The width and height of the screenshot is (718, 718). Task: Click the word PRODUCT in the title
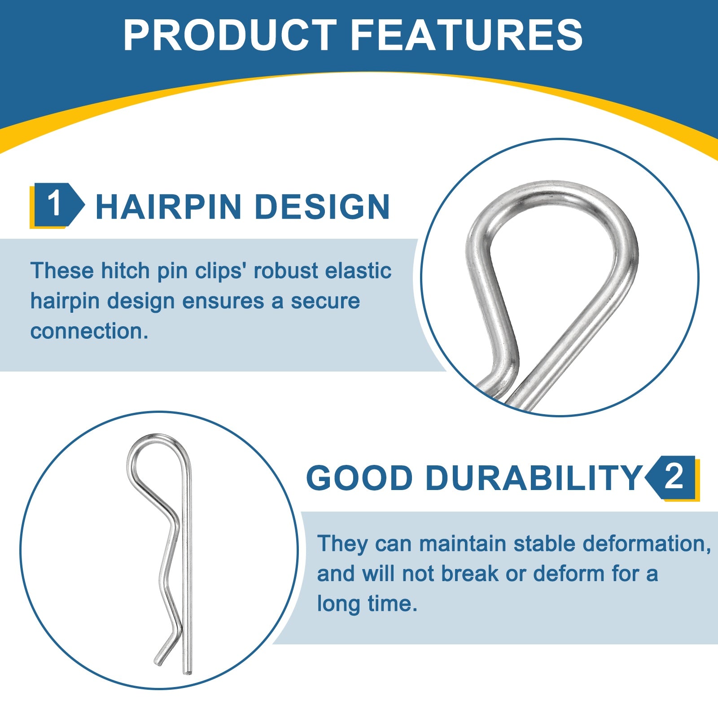pos(230,35)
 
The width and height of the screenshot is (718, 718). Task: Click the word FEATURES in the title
pos(467,35)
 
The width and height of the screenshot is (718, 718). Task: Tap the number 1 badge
pos(57,205)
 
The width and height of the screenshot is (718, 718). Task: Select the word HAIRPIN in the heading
pos(169,207)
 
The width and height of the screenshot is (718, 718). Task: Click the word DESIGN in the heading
pos(322,207)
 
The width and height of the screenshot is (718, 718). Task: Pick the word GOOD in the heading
pos(359,478)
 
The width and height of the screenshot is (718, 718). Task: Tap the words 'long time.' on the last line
pos(367,604)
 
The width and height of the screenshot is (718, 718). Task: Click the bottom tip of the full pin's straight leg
pos(188,673)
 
